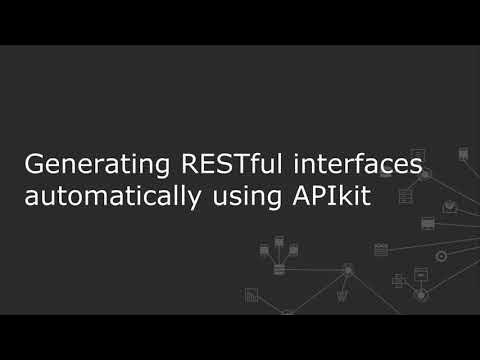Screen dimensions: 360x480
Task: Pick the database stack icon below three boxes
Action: [x=279, y=268]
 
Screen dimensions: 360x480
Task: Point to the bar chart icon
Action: [x=252, y=294]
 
